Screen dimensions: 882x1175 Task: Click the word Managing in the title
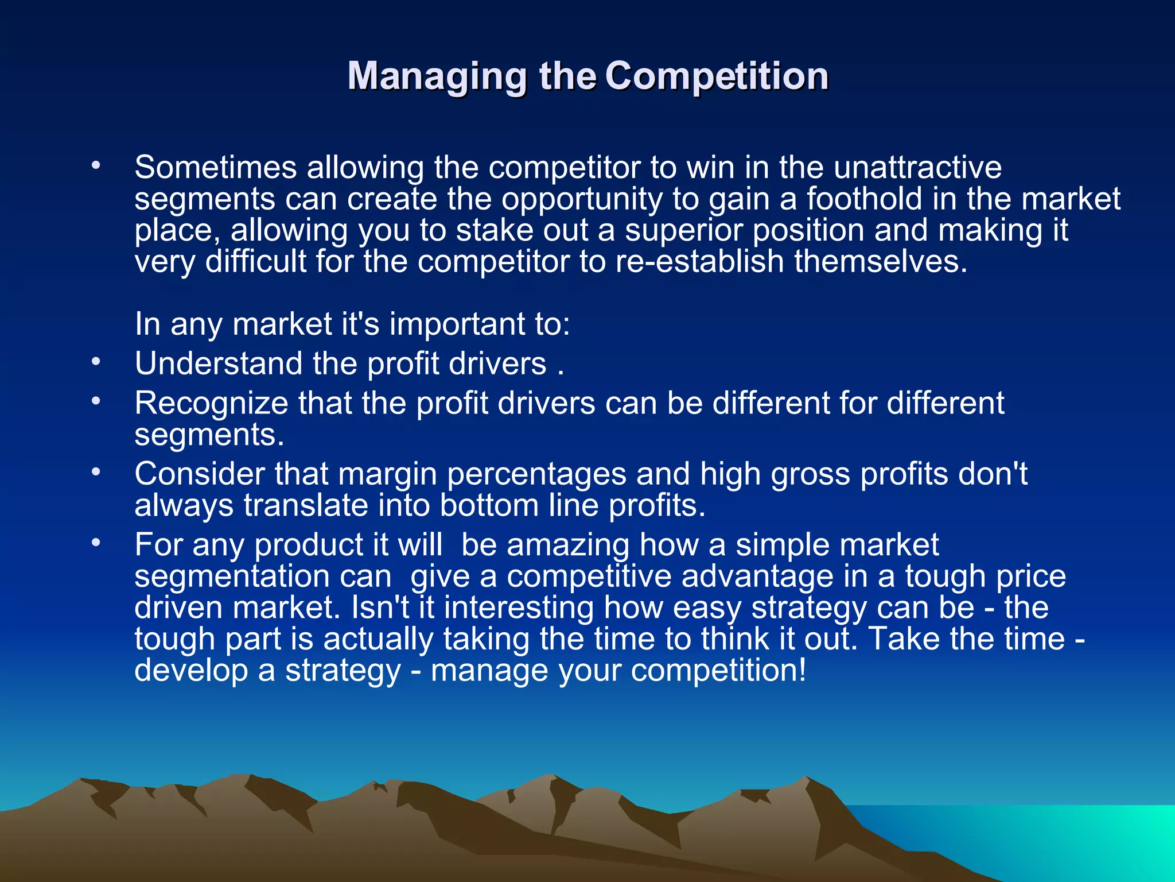coord(437,76)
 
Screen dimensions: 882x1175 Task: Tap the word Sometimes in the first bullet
coord(216,168)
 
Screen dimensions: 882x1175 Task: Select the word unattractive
coord(917,168)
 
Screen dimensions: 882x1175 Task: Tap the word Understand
coord(219,364)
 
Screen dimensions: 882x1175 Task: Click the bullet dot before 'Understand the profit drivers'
coord(96,362)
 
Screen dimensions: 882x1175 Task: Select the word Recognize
coord(211,403)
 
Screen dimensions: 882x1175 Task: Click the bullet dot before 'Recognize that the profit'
coord(96,401)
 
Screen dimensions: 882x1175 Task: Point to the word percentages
coord(536,474)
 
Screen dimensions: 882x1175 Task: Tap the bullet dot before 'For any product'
coord(96,542)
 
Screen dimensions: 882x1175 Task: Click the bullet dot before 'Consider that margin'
coord(96,471)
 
